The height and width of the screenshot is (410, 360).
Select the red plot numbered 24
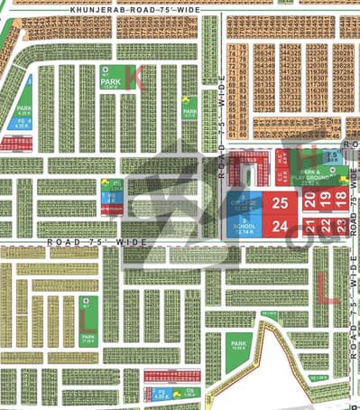[x=280, y=226]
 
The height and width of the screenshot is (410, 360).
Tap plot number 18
[x=340, y=203]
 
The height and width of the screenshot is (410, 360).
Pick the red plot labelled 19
[x=325, y=203]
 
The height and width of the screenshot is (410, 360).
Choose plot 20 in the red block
[x=309, y=203]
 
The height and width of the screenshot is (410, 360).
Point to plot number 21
[x=309, y=226]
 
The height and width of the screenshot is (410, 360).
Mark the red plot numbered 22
[x=325, y=226]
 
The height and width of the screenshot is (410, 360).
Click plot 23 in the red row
[x=340, y=226]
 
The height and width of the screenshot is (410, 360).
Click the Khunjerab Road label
[x=117, y=10]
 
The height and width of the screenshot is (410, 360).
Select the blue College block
[x=244, y=204]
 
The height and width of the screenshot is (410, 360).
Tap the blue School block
[x=244, y=226]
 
